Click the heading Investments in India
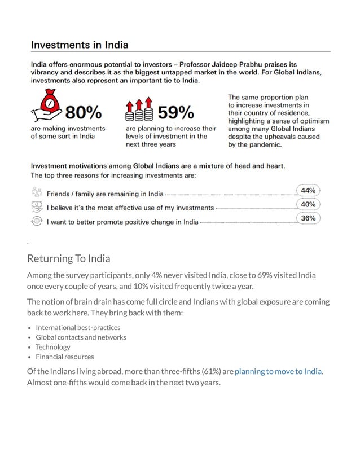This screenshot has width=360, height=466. [79, 45]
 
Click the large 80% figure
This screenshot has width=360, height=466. [84, 113]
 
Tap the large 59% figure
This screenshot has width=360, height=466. [175, 113]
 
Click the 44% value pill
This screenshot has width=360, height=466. [308, 191]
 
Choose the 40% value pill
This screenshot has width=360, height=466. [308, 204]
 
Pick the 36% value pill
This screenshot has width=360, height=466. [308, 218]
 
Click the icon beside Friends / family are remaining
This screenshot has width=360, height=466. [37, 192]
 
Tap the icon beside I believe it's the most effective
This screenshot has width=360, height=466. [37, 206]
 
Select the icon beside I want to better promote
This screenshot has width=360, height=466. [37, 221]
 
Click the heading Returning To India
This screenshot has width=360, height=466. [68, 258]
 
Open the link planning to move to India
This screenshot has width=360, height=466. [278, 371]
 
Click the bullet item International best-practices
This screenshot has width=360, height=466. [78, 327]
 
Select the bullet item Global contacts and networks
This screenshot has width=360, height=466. [81, 337]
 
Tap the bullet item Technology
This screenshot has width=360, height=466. [53, 347]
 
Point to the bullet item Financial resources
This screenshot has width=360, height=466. [65, 357]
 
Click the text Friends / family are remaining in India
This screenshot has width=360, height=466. [105, 194]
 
